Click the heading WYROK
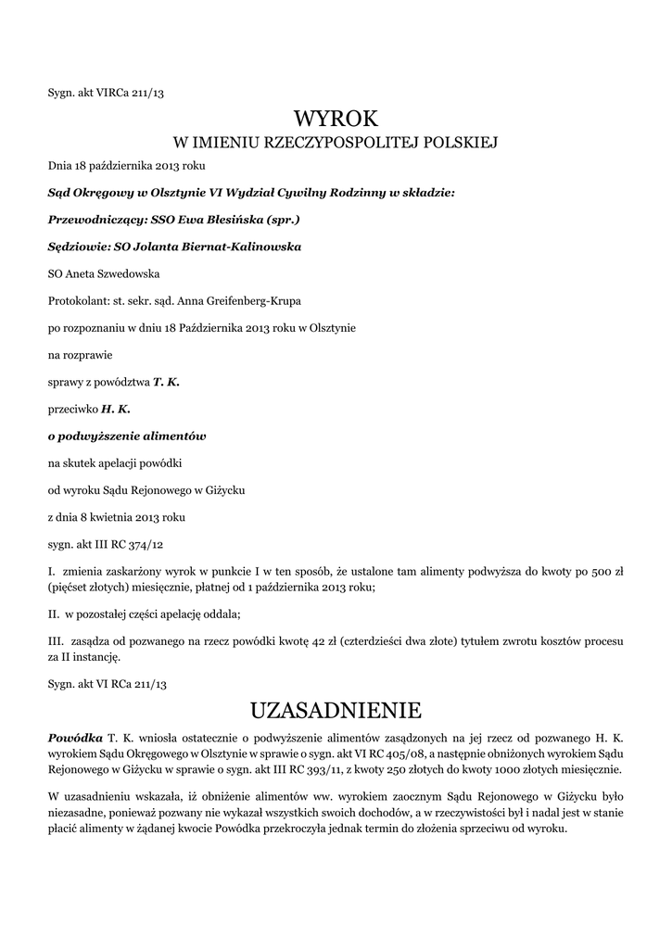pos(336,119)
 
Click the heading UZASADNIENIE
pos(336,711)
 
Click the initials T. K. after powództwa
pos(166,382)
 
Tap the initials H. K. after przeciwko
pos(115,409)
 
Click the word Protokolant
pos(78,301)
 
